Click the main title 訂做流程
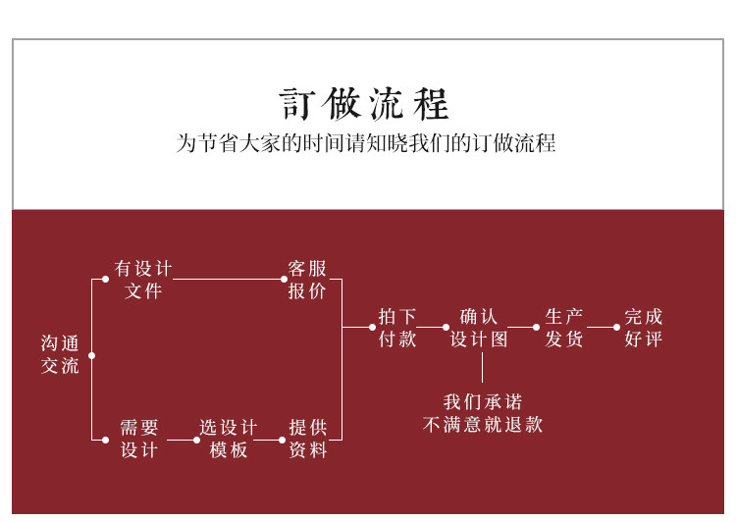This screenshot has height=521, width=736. point(364,103)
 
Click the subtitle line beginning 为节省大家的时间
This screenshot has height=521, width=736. point(366,143)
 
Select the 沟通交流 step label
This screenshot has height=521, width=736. point(60,354)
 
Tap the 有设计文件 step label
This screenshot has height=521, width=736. point(143,279)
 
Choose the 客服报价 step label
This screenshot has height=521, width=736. point(306,279)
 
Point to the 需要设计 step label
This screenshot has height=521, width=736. point(139,439)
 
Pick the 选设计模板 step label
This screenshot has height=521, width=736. point(228,439)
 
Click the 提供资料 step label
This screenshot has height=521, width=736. point(308,439)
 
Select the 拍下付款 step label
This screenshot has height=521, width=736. point(397,328)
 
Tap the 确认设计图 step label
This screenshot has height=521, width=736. point(479,328)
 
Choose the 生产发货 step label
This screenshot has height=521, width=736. point(564,328)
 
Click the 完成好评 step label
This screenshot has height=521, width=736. point(644,328)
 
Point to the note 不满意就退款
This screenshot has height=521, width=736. point(482,425)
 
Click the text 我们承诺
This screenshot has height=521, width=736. point(482,401)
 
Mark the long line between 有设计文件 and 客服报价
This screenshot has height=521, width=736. point(228,279)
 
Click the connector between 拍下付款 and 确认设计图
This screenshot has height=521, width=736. point(432,327)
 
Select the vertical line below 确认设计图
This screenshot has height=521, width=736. point(482,367)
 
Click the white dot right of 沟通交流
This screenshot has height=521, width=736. point(91,355)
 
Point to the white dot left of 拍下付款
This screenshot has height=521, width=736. point(372,327)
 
